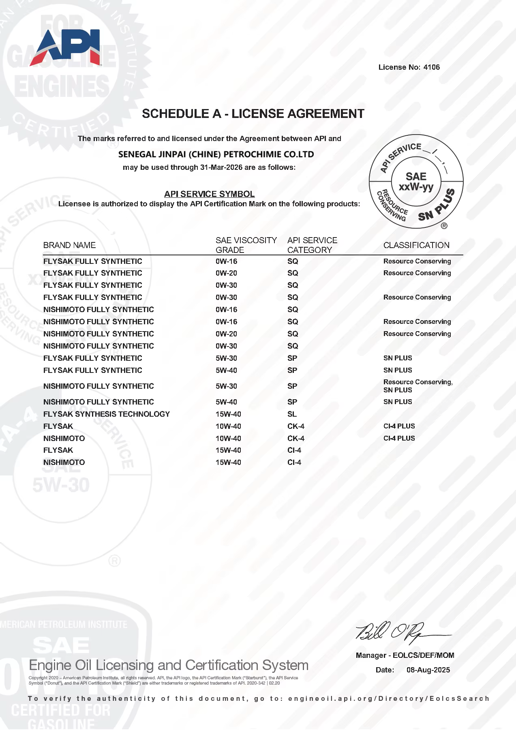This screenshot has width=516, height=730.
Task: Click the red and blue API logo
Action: click(x=67, y=47)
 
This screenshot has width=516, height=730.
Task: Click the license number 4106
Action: click(x=431, y=67)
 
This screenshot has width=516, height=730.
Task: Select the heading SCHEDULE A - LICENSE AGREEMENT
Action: click(x=253, y=114)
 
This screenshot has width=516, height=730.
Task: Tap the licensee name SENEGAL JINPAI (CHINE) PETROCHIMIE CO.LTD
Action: click(x=216, y=154)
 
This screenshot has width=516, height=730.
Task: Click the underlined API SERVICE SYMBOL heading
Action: click(x=209, y=194)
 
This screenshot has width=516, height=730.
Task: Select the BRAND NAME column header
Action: click(x=69, y=245)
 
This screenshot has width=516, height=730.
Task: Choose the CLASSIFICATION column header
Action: click(x=416, y=245)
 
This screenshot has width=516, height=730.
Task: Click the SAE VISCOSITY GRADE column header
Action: click(x=246, y=245)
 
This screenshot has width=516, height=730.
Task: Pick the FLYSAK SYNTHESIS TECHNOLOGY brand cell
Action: click(x=107, y=414)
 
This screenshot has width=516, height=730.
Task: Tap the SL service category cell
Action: click(x=292, y=414)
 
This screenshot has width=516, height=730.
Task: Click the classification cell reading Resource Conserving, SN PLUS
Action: click(x=418, y=386)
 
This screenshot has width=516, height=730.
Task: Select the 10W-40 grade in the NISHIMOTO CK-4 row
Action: click(x=228, y=439)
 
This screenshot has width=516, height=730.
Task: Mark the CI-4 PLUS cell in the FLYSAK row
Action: click(x=399, y=426)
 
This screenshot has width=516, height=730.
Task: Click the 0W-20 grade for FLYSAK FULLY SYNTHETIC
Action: click(x=226, y=273)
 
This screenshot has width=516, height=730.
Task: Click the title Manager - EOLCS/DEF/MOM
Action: click(x=405, y=655)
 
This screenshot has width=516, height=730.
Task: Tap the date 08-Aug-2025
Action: click(x=428, y=670)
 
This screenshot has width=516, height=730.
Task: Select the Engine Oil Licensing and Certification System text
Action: click(x=169, y=666)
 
